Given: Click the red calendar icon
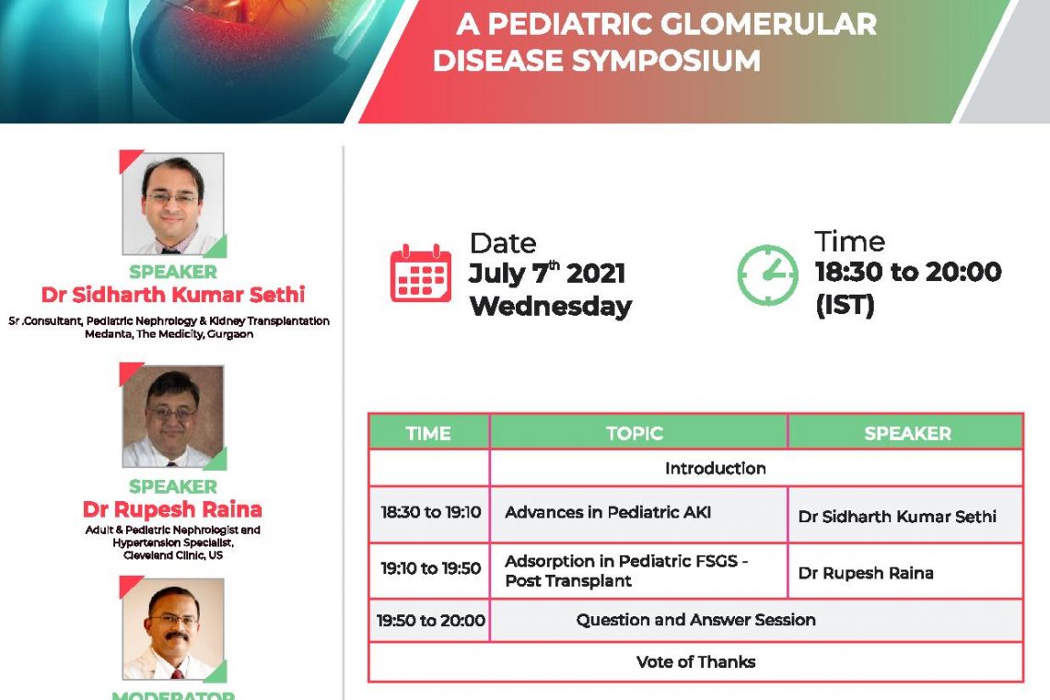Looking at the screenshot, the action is (x=421, y=274).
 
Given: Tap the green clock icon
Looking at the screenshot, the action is (x=767, y=274).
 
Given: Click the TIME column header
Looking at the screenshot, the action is (x=428, y=434).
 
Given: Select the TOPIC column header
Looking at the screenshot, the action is (x=635, y=434).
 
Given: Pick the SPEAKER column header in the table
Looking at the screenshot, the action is (x=907, y=434).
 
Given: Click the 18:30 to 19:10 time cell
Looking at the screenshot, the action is (x=430, y=512).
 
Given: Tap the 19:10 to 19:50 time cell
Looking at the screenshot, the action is (x=430, y=568).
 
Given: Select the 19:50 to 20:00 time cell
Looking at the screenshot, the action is (x=430, y=620).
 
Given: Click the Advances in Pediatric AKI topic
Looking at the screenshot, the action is (x=607, y=512).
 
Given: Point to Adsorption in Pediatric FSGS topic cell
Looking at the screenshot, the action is (x=626, y=571).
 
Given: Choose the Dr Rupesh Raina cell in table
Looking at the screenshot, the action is (x=866, y=574).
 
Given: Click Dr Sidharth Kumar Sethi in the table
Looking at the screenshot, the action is (x=897, y=517).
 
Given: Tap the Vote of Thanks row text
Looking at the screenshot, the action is (x=695, y=662).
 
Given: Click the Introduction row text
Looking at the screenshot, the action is (x=715, y=468).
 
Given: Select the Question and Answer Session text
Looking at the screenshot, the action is (x=695, y=620).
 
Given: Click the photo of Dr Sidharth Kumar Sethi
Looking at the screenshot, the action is (x=173, y=204).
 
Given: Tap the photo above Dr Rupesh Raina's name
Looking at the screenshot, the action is (x=173, y=416).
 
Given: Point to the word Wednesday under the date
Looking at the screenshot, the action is (x=551, y=307).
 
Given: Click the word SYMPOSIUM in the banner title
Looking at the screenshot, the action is (x=666, y=61).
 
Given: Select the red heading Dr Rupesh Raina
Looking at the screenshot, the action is (x=172, y=509).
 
